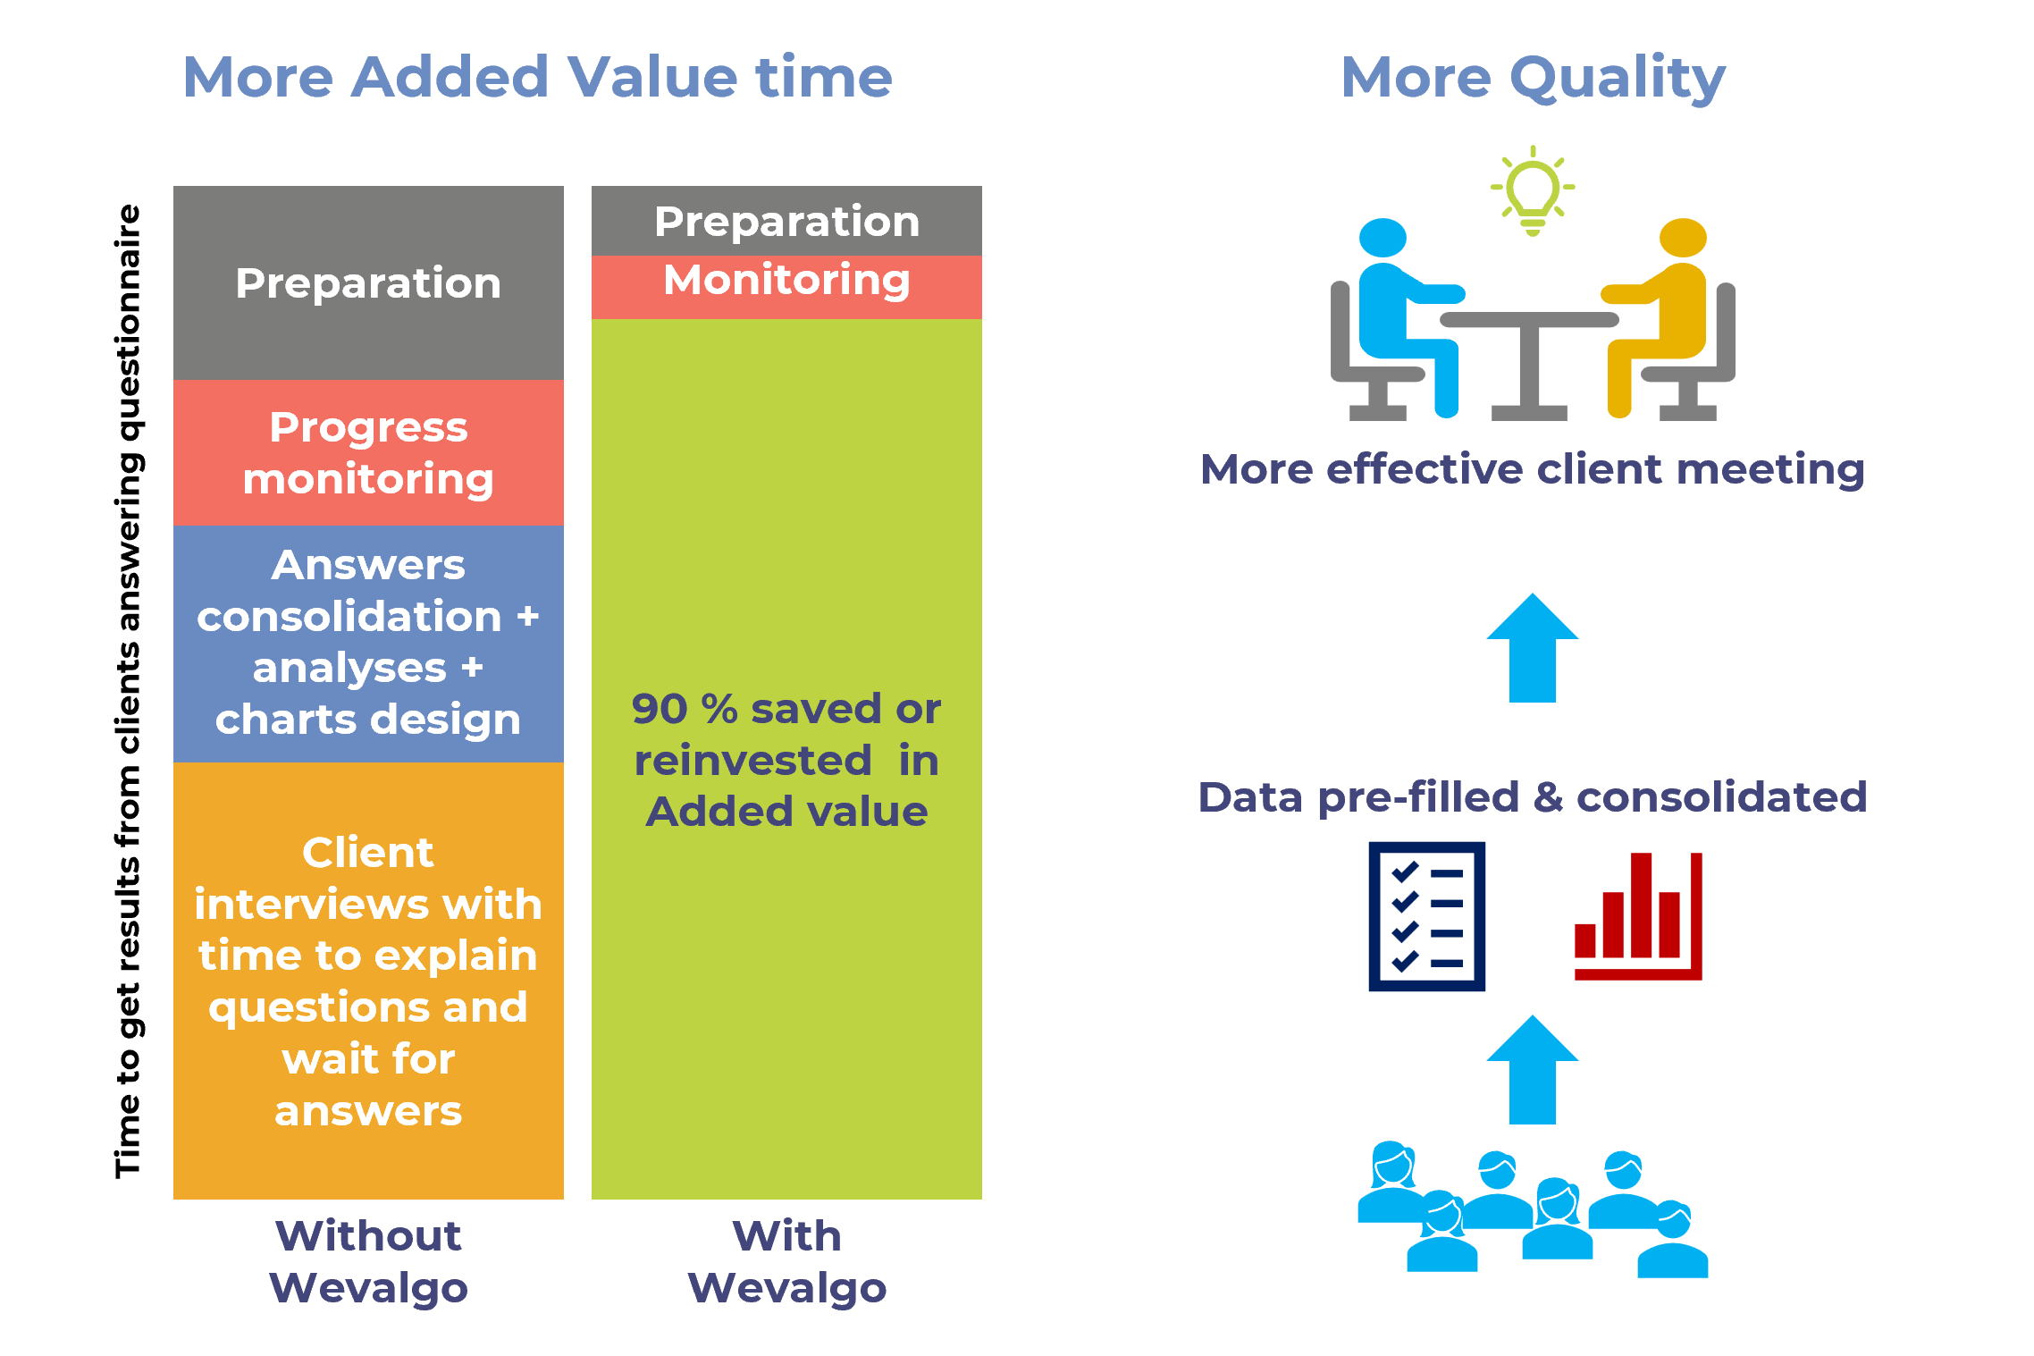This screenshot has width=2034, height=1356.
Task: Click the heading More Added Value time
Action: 537,77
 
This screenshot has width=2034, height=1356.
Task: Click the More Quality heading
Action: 1532,79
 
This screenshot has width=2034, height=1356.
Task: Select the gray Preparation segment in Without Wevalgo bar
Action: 368,283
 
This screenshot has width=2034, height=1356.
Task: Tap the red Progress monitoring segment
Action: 368,452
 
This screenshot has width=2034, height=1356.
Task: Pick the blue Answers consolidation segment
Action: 368,642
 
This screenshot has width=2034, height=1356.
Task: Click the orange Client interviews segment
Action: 368,981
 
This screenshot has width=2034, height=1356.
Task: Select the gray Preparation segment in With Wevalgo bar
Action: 786,221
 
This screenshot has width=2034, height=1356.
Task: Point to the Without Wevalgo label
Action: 368,1261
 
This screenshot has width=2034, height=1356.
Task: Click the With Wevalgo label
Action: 786,1261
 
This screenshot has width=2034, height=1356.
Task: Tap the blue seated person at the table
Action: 1403,313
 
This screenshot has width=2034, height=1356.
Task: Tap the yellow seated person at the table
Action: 1662,313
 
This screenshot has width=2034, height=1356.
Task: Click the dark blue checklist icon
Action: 1426,916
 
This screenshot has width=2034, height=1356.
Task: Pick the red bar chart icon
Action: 1637,916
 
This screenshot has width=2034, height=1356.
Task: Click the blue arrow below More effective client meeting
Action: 1532,649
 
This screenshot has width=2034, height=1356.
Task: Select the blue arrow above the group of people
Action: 1532,1071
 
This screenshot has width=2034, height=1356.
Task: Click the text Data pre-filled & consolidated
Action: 1532,796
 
